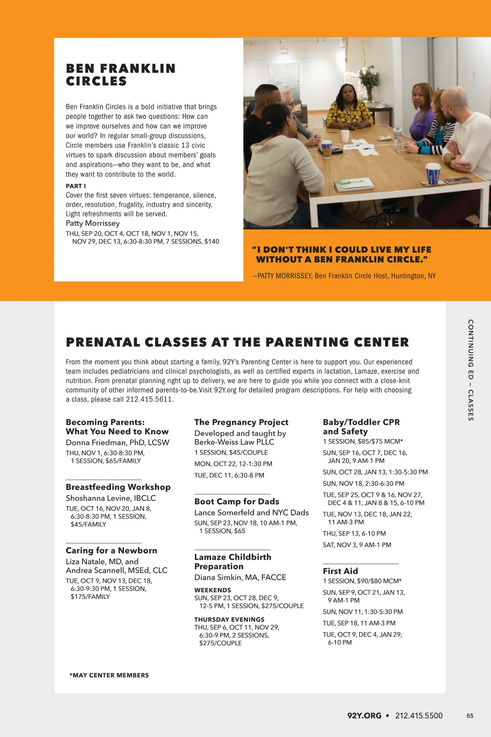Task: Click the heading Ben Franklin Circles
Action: coord(121,75)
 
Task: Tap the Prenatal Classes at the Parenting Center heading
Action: coord(237,342)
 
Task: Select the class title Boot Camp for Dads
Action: coord(236,502)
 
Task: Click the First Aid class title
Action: coord(340,571)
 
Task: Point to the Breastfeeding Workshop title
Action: coord(118,487)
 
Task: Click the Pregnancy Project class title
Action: coord(241,422)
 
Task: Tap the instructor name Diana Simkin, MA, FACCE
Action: coord(240,577)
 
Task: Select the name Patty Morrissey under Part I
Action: coord(93,223)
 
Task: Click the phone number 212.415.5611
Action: coord(149,399)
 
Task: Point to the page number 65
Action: coord(470,716)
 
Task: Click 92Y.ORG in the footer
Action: coord(364,716)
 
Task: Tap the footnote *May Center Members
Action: coord(109,675)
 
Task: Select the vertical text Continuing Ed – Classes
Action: coord(471,370)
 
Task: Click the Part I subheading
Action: coord(76,186)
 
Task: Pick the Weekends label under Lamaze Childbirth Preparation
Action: coord(212,590)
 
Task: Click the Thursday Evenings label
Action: coord(229,619)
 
